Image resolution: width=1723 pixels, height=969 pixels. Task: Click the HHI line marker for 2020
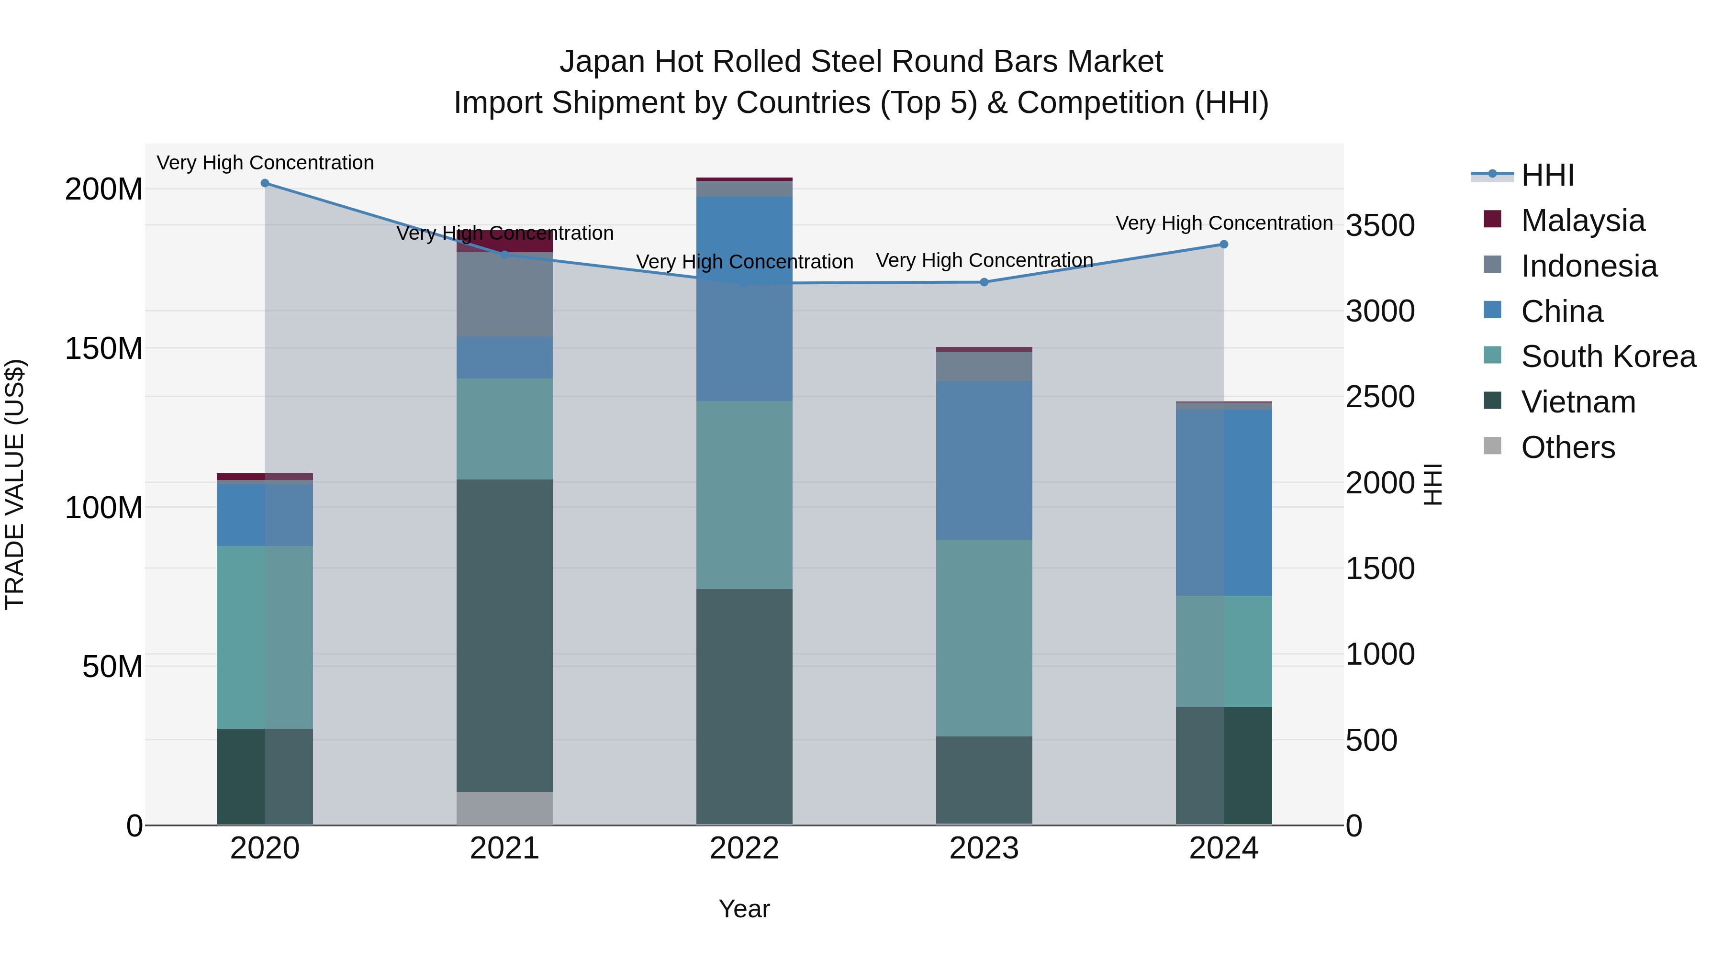click(x=265, y=183)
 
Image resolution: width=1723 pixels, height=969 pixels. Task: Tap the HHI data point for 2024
click(x=1223, y=244)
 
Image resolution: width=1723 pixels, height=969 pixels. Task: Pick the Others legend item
click(x=1567, y=447)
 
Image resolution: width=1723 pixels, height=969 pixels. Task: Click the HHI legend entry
click(x=1547, y=175)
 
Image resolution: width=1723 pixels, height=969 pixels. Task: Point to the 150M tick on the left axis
click(x=104, y=348)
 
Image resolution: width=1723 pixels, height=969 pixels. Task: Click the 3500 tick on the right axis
click(x=1380, y=225)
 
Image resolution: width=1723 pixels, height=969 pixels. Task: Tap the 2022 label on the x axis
click(x=744, y=848)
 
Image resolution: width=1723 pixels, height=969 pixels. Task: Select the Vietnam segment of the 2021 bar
click(x=504, y=635)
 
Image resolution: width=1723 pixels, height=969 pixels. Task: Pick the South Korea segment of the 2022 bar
click(x=744, y=495)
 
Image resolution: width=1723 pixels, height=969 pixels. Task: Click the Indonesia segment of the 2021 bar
click(x=504, y=294)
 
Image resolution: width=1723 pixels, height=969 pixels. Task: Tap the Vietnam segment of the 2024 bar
click(x=1223, y=766)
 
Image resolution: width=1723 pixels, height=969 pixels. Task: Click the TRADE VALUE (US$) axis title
click(x=15, y=484)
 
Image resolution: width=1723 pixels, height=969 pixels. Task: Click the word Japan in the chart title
click(x=603, y=62)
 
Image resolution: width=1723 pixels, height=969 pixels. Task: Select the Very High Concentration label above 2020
click(x=265, y=163)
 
